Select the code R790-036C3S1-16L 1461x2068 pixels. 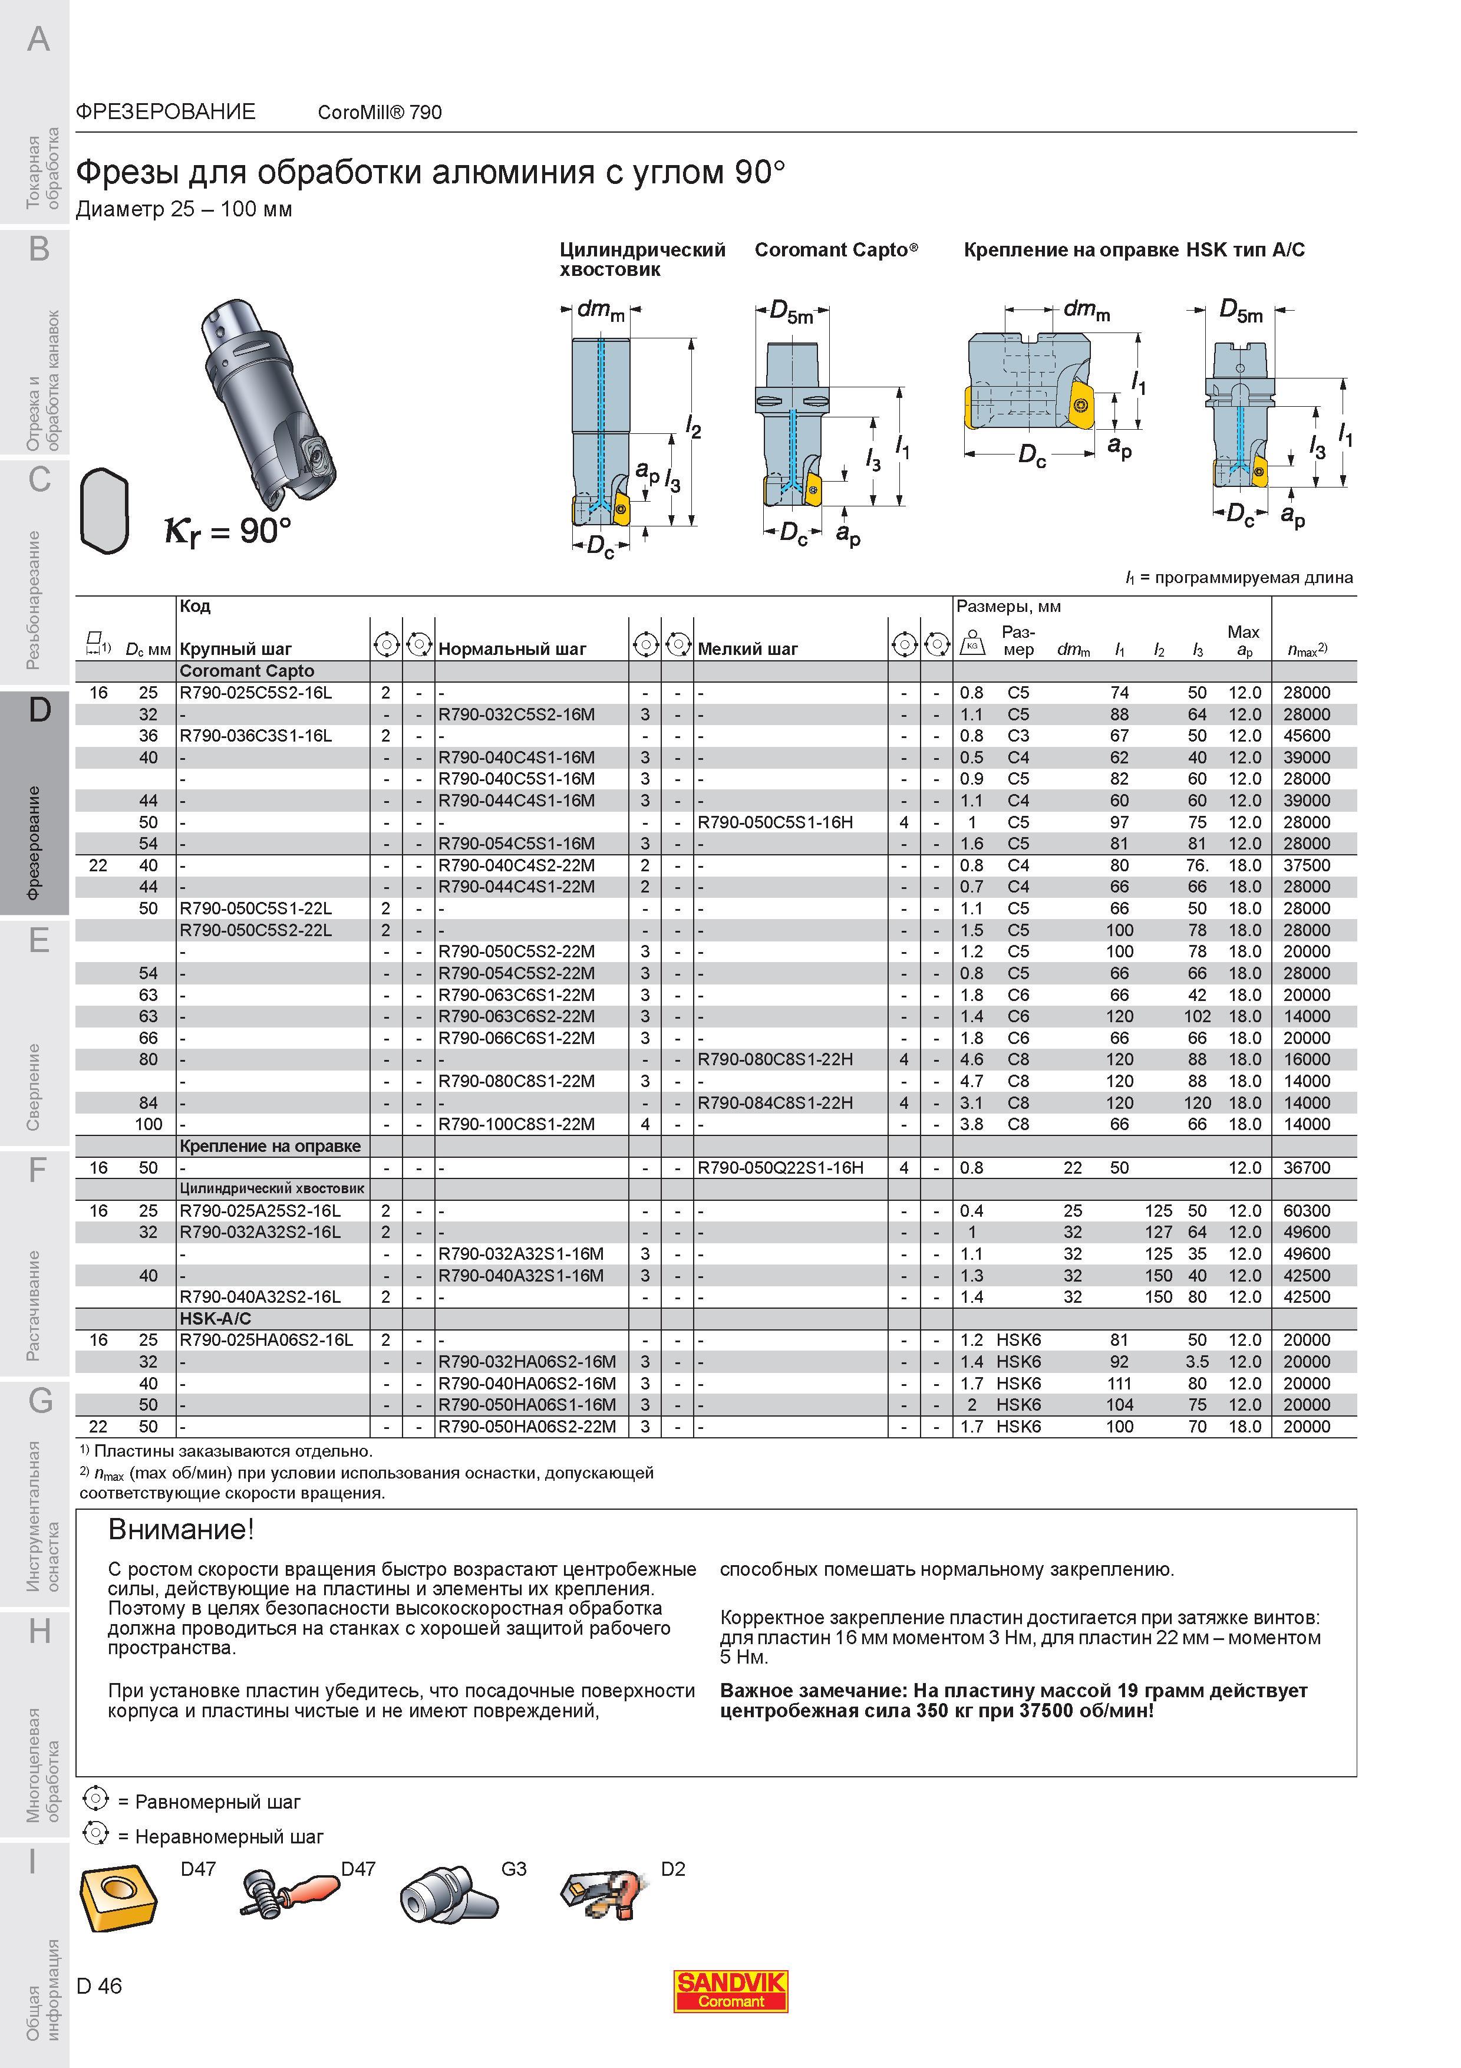tap(256, 736)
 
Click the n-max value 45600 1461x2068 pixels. tap(1306, 736)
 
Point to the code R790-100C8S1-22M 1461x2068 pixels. tap(517, 1125)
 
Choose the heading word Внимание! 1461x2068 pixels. tap(181, 1529)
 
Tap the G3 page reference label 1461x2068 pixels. tap(513, 1869)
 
